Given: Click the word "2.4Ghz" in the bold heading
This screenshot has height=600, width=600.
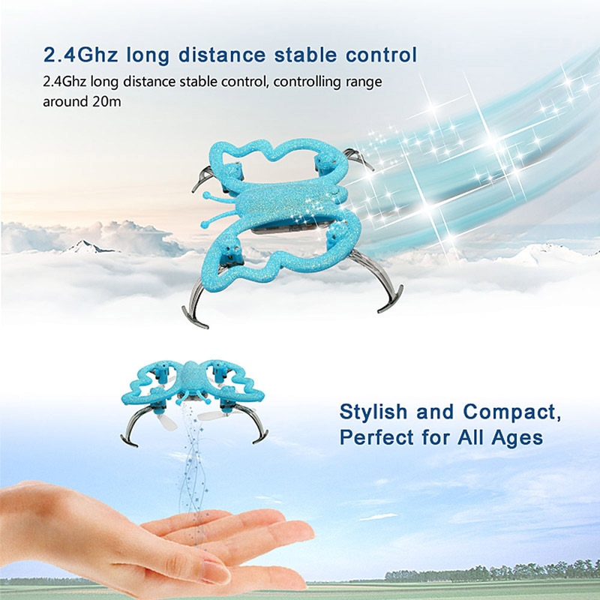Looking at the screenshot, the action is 80,55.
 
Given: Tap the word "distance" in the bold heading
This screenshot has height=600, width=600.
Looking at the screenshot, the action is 222,54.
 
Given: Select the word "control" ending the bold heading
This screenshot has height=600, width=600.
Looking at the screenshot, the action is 381,54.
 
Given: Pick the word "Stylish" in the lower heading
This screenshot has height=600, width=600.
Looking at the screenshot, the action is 373,412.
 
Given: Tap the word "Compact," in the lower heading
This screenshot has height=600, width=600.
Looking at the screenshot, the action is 512,412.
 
